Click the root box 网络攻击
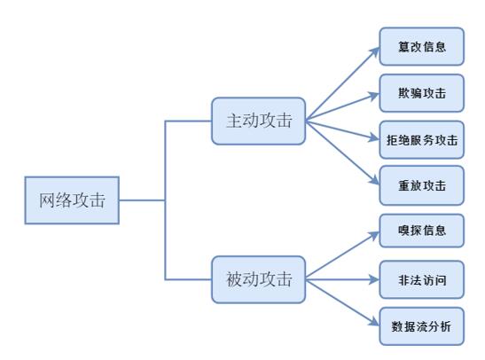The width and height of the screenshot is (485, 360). (72, 200)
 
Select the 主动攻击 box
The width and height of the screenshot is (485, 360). (258, 121)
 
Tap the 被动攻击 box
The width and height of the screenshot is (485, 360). (258, 279)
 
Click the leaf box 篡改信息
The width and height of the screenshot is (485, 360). (421, 46)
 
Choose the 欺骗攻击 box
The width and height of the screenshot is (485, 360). (421, 93)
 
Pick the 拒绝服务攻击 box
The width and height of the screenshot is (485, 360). (421, 139)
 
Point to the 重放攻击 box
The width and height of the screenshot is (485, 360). (421, 185)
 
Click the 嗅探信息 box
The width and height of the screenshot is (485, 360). (421, 232)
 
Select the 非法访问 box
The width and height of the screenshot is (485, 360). (421, 279)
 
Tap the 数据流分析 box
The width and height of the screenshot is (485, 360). (421, 326)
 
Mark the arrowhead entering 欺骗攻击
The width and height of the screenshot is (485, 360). (374, 95)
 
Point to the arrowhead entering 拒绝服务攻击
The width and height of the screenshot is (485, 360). (374, 139)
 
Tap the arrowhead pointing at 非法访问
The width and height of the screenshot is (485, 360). (374, 279)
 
